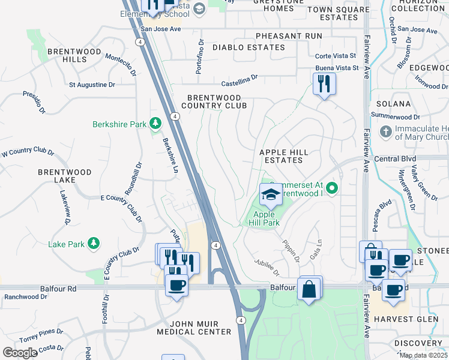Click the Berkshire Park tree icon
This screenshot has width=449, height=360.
tap(155, 124)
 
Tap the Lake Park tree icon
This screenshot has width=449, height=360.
tap(93, 243)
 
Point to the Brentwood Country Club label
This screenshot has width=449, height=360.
tap(214, 101)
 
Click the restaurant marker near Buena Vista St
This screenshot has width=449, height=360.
tap(324, 83)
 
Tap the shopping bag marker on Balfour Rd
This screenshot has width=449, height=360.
tap(309, 289)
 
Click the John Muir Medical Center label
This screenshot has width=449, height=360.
tap(194, 328)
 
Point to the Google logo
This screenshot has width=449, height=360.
tap(20, 353)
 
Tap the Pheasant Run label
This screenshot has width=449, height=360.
tap(288, 36)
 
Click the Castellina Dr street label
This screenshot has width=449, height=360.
tap(239, 78)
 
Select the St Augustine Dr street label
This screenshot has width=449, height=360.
tap(92, 85)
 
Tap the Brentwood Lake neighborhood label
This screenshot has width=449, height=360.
tap(64, 176)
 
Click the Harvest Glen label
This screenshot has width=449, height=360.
tap(406, 319)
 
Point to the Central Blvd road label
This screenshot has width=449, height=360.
tap(395, 159)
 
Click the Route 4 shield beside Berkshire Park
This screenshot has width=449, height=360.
tap(173, 116)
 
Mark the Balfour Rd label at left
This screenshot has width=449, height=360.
tap(58, 289)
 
